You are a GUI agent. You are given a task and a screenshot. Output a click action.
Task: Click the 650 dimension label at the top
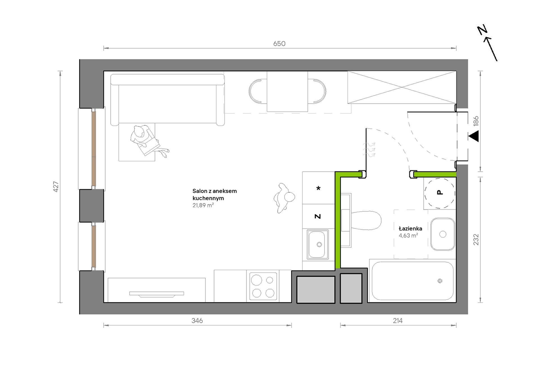[x=279, y=44]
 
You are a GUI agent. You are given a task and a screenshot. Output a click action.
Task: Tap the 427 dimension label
[x=56, y=187]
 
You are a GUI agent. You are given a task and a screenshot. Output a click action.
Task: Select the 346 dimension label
[x=197, y=321]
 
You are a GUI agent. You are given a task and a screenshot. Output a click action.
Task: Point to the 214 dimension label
[x=398, y=321]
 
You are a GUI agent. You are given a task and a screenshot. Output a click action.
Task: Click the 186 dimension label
[x=476, y=121]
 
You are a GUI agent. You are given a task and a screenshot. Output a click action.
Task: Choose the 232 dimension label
[x=476, y=240]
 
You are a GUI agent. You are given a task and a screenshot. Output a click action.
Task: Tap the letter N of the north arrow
[x=482, y=30]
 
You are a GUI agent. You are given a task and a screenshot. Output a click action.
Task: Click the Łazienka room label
[x=410, y=228]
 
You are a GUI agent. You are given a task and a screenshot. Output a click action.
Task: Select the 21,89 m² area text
[x=203, y=205]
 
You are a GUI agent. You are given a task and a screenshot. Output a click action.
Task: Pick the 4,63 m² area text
[x=408, y=235]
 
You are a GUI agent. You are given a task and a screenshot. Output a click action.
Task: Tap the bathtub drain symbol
[x=440, y=281]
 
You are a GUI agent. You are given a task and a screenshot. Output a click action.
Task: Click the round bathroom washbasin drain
[x=443, y=234]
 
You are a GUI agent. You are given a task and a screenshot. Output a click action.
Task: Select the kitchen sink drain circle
[x=319, y=245]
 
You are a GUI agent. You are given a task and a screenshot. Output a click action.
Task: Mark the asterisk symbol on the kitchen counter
[x=318, y=188]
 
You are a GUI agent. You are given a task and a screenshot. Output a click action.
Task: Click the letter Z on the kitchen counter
[x=318, y=216]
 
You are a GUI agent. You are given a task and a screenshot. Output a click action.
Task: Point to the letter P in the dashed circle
[x=440, y=192]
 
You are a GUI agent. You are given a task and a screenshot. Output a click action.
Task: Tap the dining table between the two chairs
[x=287, y=92]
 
